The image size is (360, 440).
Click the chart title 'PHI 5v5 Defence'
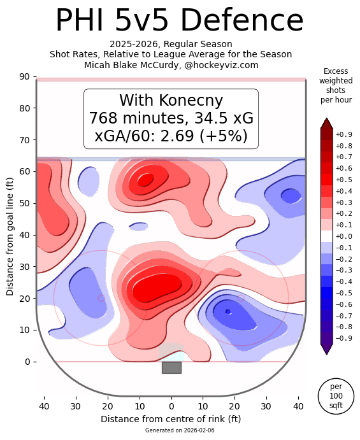(179, 21)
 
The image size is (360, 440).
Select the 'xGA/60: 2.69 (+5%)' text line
(171, 136)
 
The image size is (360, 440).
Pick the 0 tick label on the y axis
(27, 362)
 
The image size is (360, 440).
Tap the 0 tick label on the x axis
(171, 406)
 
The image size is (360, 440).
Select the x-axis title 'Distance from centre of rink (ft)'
(171, 419)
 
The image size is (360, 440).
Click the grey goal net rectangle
(171, 367)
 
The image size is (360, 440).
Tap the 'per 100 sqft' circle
(336, 396)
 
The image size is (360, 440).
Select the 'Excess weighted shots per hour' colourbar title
(336, 86)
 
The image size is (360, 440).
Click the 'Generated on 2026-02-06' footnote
(171, 431)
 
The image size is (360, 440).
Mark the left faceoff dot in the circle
(101, 298)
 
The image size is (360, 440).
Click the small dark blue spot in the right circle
(228, 311)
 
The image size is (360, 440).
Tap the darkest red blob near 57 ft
(145, 180)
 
